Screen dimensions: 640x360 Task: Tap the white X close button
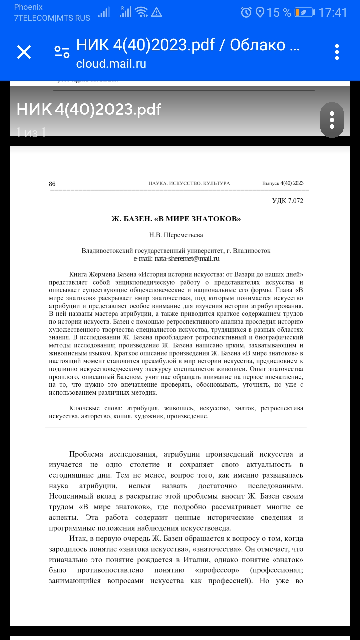(x=24, y=52)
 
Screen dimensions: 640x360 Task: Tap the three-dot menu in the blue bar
(x=337, y=52)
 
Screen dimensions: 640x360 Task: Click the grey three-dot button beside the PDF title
(x=332, y=120)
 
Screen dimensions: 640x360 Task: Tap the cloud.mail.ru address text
(x=111, y=64)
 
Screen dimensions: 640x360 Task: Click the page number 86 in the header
(x=52, y=184)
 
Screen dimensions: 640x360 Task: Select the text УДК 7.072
(x=287, y=201)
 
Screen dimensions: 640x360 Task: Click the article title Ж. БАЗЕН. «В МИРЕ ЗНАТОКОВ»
(x=176, y=219)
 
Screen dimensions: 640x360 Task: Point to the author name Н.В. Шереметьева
(x=176, y=235)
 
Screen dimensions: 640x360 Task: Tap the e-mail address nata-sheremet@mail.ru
(x=187, y=259)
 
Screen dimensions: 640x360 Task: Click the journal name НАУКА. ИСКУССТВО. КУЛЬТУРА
(x=189, y=183)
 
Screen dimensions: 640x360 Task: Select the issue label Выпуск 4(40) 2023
(x=283, y=183)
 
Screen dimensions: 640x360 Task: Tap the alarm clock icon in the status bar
(x=246, y=13)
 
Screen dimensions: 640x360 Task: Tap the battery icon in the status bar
(x=304, y=13)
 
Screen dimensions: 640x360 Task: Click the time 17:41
(x=333, y=13)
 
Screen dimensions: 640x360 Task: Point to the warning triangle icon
(x=156, y=12)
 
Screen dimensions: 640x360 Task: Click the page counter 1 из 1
(x=31, y=133)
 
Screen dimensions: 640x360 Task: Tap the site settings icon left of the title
(x=62, y=52)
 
